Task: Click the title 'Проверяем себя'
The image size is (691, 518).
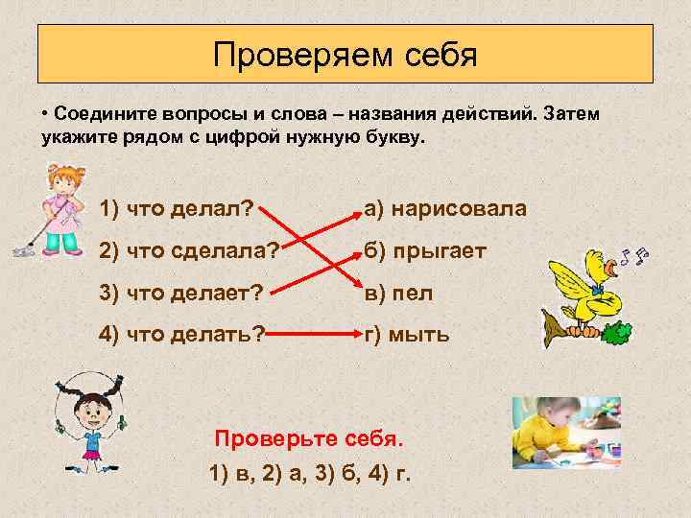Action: click(x=345, y=54)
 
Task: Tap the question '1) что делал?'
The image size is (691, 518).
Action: click(x=176, y=209)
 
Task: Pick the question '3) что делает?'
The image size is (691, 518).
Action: click(x=181, y=293)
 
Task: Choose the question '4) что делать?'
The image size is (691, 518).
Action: click(x=181, y=335)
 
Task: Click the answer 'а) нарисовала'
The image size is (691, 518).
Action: click(x=444, y=209)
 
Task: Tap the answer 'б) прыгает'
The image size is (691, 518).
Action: click(x=424, y=251)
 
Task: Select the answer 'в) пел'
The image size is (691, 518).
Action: click(x=397, y=293)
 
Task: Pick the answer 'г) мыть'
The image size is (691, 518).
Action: click(x=405, y=335)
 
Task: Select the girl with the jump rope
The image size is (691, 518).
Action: click(x=91, y=422)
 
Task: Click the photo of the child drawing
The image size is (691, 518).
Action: click(x=565, y=432)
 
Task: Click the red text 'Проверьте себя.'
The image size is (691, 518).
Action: click(x=310, y=439)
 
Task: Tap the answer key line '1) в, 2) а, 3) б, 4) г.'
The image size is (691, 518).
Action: click(x=310, y=475)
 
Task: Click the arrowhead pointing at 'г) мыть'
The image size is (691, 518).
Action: click(x=350, y=335)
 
